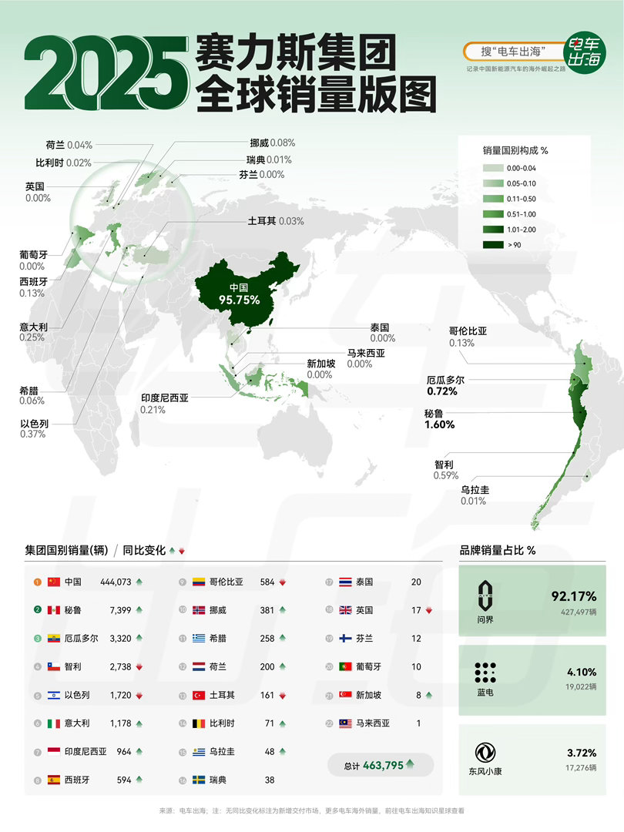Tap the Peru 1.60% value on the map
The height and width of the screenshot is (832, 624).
(x=440, y=424)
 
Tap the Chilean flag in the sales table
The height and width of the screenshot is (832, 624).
(x=54, y=666)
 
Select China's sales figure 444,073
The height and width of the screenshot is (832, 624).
(x=116, y=582)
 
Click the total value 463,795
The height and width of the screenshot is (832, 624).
(x=380, y=765)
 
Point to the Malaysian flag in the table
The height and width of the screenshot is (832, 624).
(x=345, y=723)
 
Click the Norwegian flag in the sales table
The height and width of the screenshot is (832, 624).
(x=199, y=610)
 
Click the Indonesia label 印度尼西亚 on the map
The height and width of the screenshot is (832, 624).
(x=164, y=398)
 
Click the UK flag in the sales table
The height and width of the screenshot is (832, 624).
(x=345, y=610)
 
